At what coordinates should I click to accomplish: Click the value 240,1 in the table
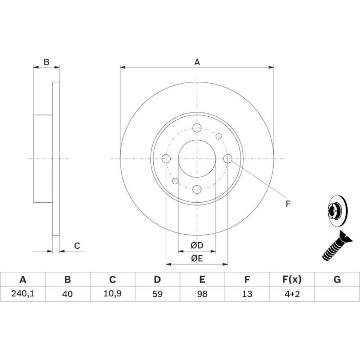23,294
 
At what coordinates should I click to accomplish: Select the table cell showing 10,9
112,294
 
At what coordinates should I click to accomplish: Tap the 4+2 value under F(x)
292,294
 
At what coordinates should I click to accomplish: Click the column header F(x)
292,279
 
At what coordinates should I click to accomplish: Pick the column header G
337,279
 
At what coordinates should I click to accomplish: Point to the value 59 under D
157,294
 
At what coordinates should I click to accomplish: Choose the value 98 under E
202,294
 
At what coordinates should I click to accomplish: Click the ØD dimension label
197,246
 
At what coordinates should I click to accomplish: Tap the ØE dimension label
197,258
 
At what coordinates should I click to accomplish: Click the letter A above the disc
197,62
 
